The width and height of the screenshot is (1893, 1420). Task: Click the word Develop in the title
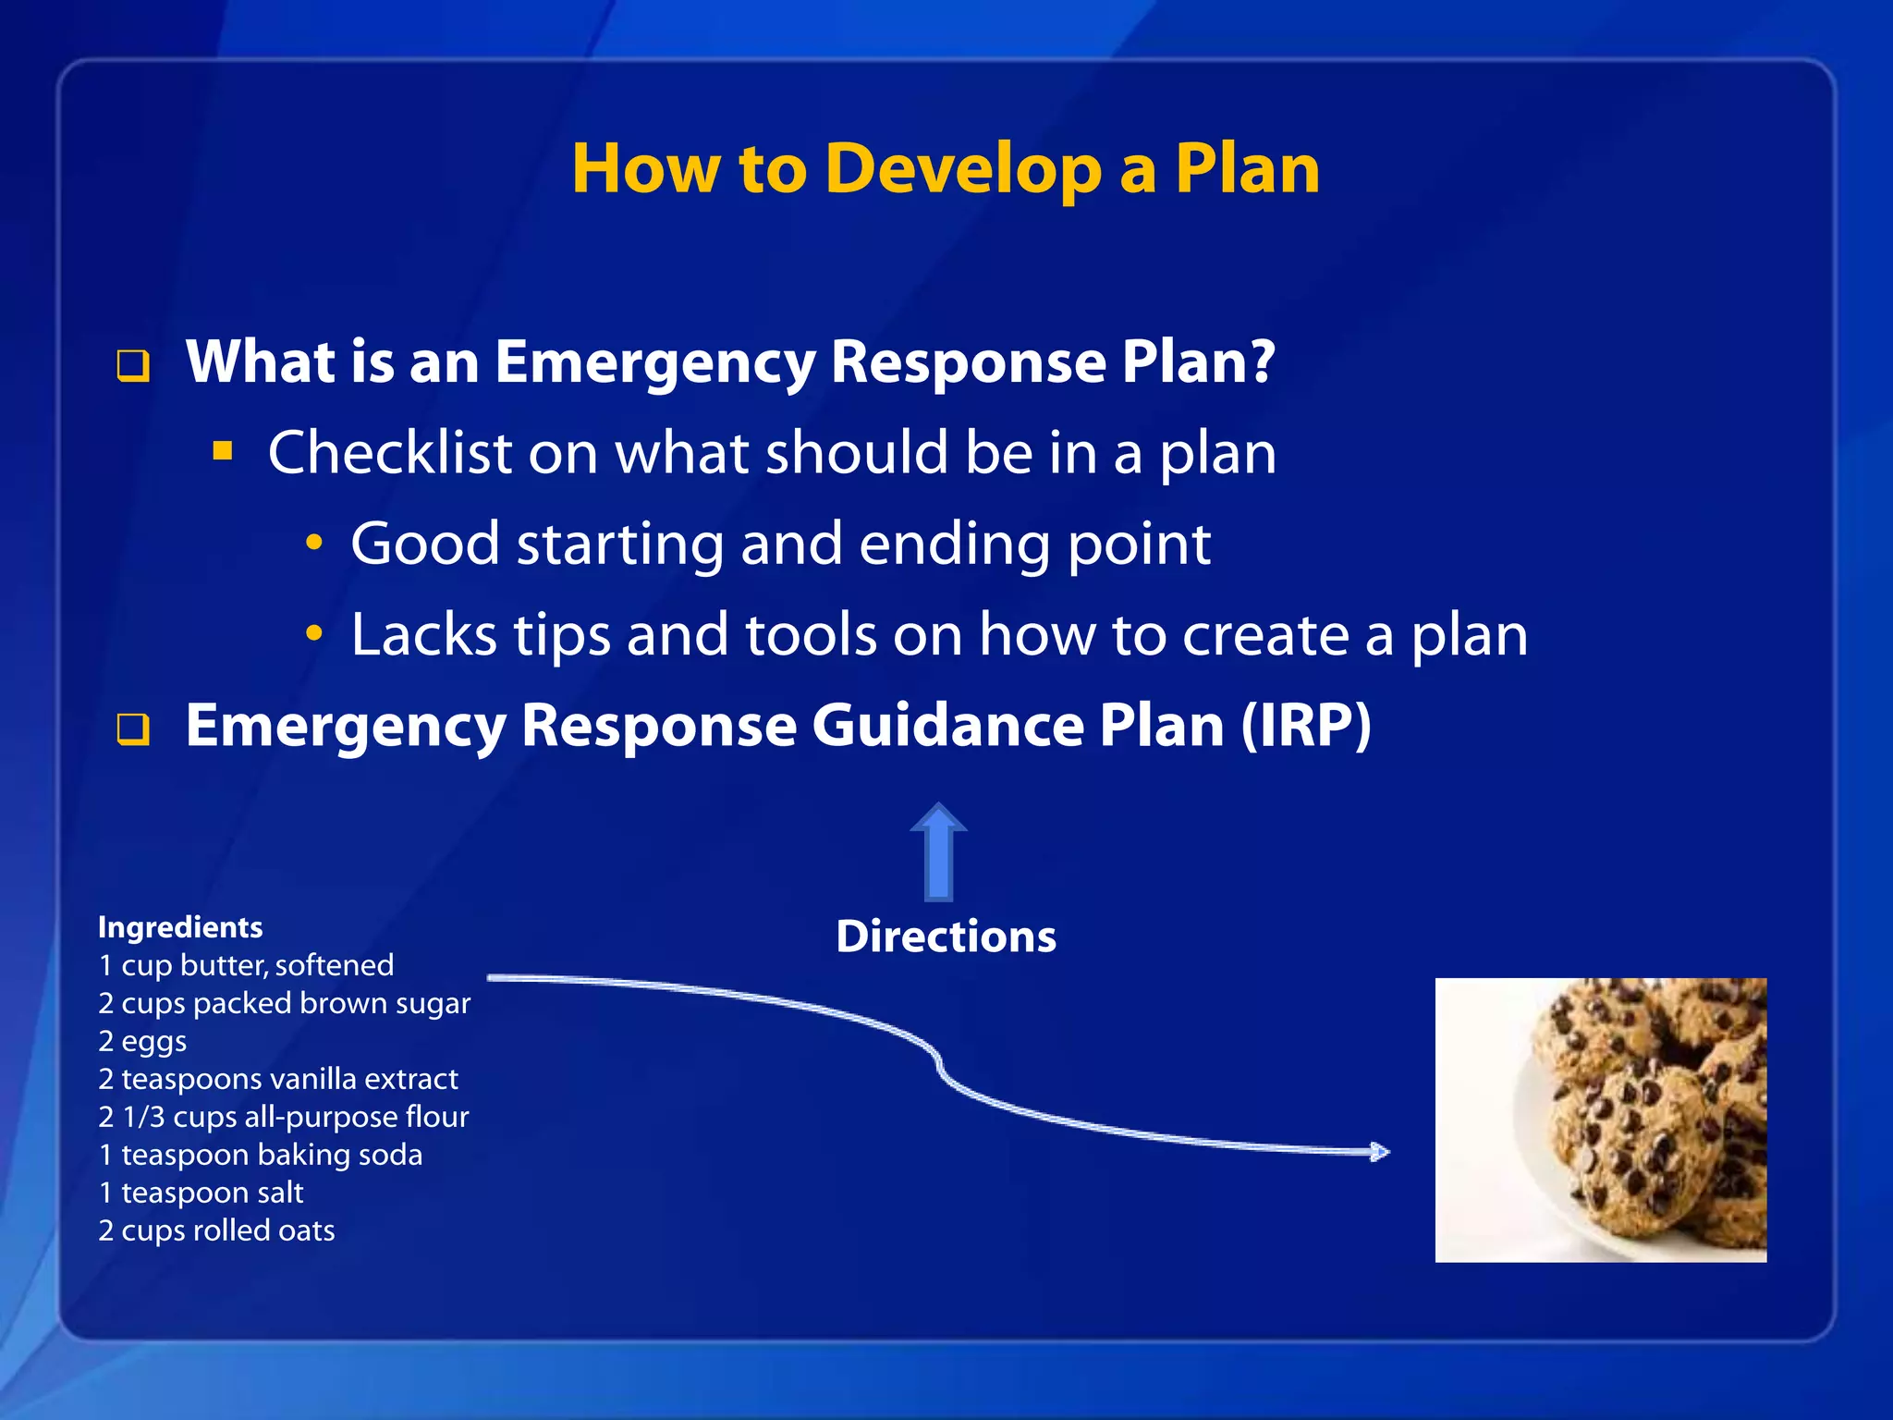pyautogui.click(x=961, y=170)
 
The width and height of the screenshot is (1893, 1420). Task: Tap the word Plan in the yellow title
pyautogui.click(x=1247, y=170)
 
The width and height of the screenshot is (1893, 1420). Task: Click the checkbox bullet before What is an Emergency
pyautogui.click(x=133, y=366)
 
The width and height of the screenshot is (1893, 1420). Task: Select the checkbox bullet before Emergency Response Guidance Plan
pyautogui.click(x=133, y=729)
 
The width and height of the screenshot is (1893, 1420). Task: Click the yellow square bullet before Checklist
pyautogui.click(x=222, y=451)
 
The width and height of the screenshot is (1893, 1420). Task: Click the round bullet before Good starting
pyautogui.click(x=314, y=544)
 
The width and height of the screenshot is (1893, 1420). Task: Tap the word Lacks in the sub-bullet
pyautogui.click(x=423, y=635)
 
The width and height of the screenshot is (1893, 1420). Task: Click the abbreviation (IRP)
pyautogui.click(x=1305, y=726)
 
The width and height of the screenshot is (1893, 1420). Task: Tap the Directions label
pyautogui.click(x=946, y=936)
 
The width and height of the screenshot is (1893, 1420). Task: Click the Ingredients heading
pyautogui.click(x=180, y=927)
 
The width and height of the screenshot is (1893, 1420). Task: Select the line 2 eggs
pyautogui.click(x=142, y=1042)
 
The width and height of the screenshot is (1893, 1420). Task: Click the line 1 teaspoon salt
pyautogui.click(x=201, y=1193)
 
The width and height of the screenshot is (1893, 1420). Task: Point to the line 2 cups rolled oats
pyautogui.click(x=216, y=1230)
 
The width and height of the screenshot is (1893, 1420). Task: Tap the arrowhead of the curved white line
pyautogui.click(x=1380, y=1152)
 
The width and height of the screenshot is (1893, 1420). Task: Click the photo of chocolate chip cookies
pyautogui.click(x=1600, y=1120)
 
